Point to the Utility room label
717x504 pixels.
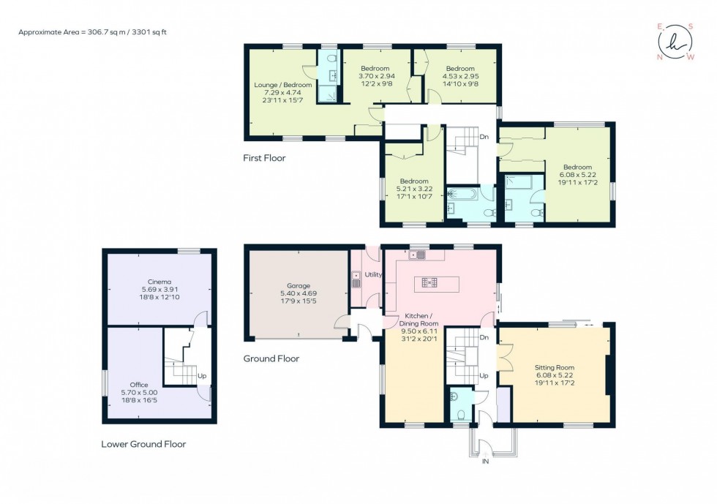point(373,275)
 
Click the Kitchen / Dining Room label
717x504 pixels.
point(418,323)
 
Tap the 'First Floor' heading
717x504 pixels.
point(264,158)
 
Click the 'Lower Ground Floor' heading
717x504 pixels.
point(143,444)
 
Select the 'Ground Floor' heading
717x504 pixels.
point(271,359)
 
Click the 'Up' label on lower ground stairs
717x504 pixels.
point(202,377)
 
